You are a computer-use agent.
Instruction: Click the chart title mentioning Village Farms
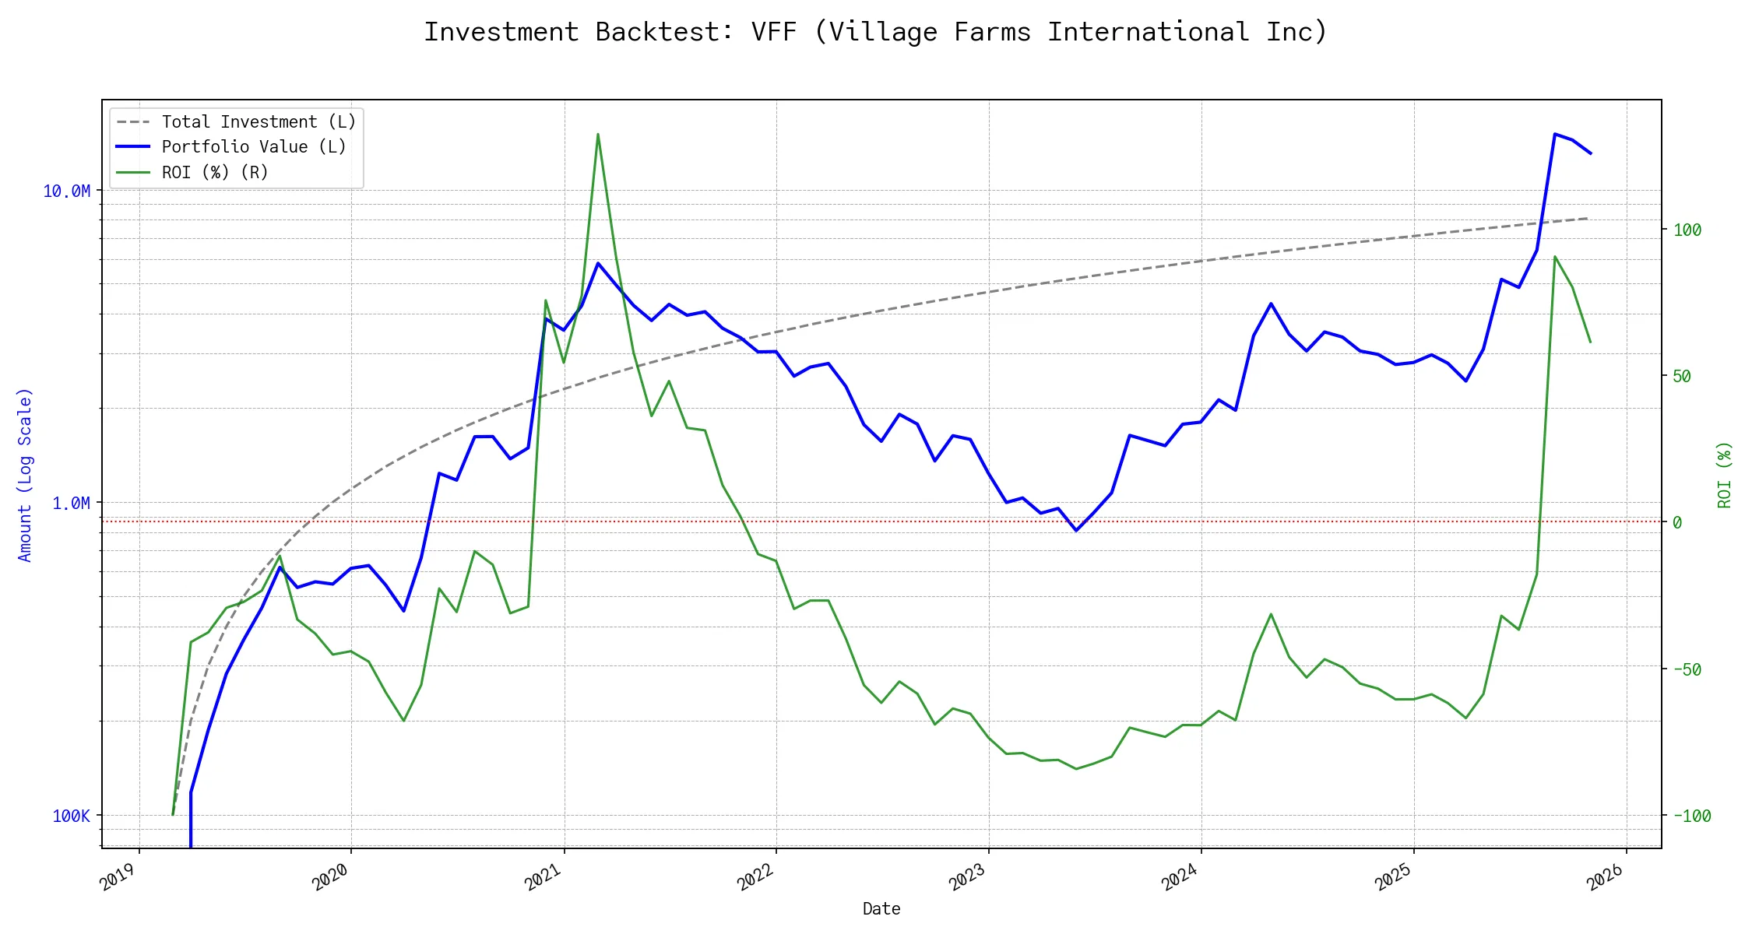pos(875,32)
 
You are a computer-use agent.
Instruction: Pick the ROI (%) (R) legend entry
pos(215,173)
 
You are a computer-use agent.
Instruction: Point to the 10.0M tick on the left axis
pos(67,191)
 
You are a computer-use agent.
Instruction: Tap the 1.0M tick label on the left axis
pos(71,504)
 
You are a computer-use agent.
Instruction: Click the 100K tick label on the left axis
pos(71,816)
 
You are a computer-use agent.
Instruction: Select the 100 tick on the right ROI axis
pos(1687,230)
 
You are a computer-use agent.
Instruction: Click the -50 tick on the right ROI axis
pos(1687,669)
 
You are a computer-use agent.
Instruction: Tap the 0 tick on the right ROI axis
pos(1677,523)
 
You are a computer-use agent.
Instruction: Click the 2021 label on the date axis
pos(543,878)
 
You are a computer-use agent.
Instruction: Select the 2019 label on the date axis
pos(118,878)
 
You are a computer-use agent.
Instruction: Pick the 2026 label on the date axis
pos(1606,878)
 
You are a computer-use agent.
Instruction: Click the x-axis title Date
pos(881,909)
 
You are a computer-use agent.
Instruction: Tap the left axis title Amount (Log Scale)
pos(25,475)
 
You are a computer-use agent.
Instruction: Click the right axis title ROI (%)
pos(1725,475)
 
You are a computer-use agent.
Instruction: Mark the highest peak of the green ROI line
pos(598,134)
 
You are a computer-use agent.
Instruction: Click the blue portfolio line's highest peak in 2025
pos(1555,134)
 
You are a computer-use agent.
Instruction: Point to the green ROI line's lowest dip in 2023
pos(1076,769)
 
